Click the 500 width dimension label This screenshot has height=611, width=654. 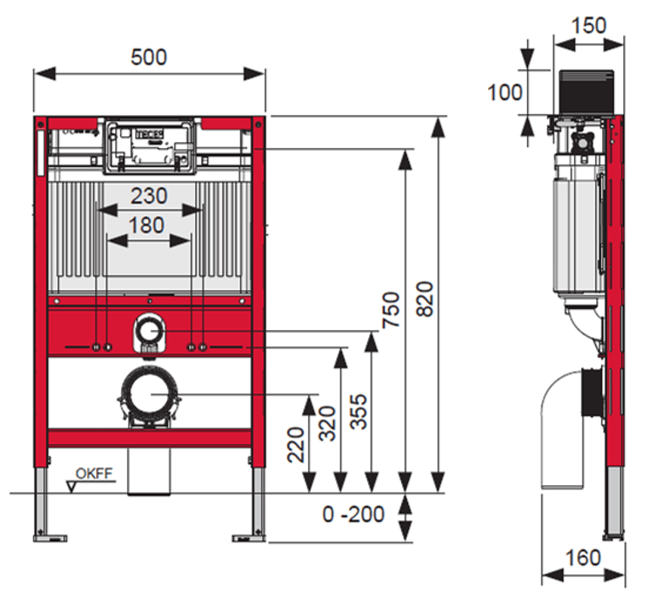(x=149, y=57)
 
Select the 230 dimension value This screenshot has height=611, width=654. (x=149, y=196)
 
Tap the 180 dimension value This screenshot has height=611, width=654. (x=149, y=226)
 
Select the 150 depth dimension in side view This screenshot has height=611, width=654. (x=588, y=26)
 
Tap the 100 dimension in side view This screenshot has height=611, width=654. (x=505, y=92)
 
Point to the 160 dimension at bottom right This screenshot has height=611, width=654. (x=583, y=557)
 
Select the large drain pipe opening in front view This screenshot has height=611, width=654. (x=150, y=395)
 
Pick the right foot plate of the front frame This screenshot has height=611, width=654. (x=250, y=537)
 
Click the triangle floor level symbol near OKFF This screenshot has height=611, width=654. (x=72, y=487)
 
